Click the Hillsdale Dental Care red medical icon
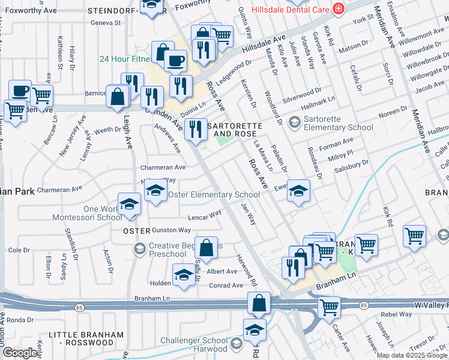(339, 9)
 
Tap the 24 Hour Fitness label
(126, 59)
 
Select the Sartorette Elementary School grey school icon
(294, 122)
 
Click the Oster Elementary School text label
(214, 194)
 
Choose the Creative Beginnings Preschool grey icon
(139, 248)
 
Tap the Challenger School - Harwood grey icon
(235, 343)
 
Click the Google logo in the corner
(20, 353)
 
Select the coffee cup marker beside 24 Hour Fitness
(175, 61)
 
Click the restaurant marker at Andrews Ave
(195, 130)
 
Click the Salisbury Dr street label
(350, 164)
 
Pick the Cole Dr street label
(19, 250)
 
